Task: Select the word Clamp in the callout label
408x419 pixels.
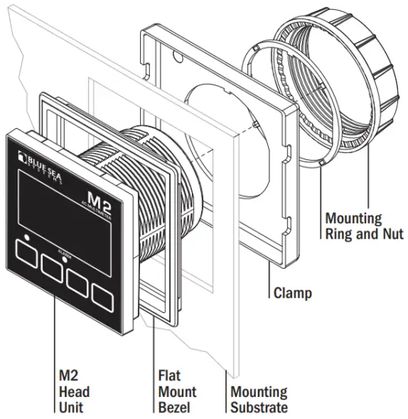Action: (x=291, y=292)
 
